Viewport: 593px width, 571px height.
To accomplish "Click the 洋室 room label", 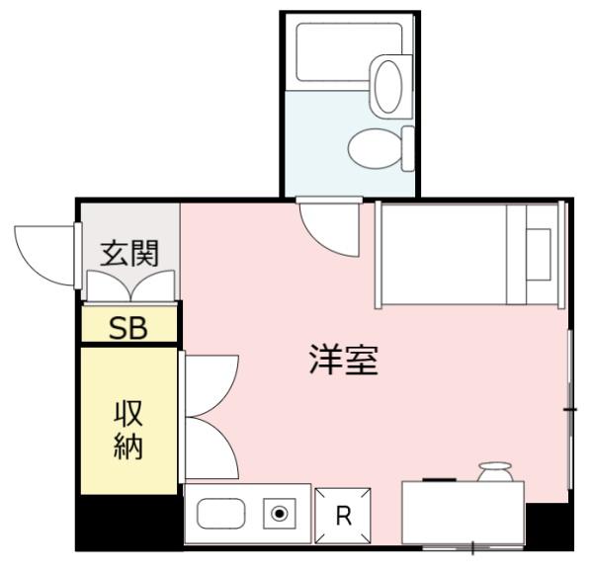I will point(340,361).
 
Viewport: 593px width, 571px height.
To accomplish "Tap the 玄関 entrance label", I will point(128,253).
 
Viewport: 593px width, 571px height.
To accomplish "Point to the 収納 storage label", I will point(127,431).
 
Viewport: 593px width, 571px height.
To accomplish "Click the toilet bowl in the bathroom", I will point(373,148).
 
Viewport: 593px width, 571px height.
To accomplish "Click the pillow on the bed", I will point(539,255).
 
